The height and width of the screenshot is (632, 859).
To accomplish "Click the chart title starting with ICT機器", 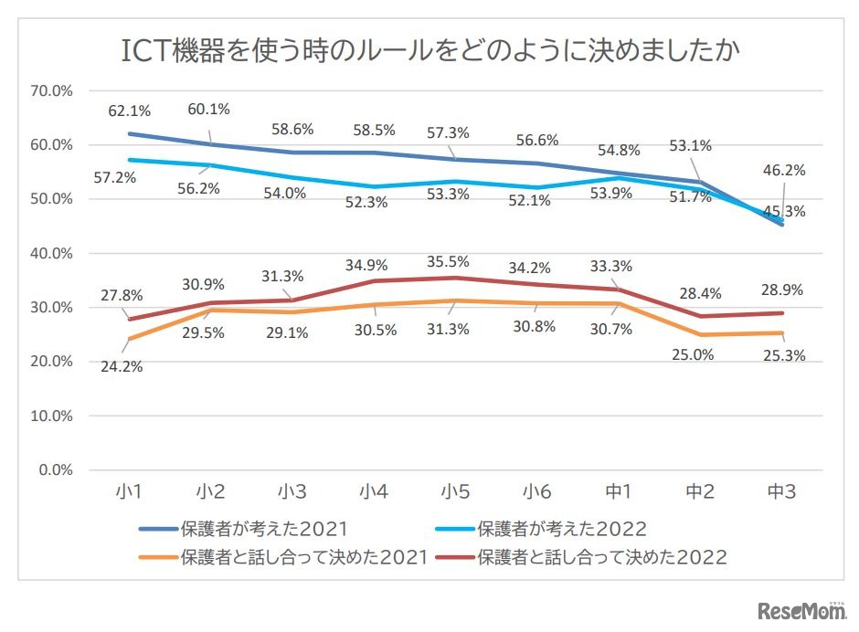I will (429, 50).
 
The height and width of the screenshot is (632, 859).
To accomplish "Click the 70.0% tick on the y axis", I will (51, 91).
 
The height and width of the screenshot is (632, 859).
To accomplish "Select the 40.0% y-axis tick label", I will (51, 254).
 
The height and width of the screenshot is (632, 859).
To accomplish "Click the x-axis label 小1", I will (129, 492).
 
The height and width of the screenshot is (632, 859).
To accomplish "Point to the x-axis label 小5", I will (454, 492).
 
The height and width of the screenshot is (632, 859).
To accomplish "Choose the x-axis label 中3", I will (780, 492).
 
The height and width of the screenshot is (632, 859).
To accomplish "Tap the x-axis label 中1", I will (618, 492).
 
